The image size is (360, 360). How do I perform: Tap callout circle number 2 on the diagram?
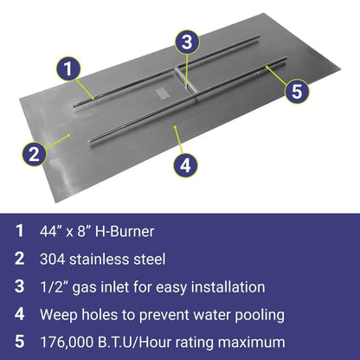(33, 154)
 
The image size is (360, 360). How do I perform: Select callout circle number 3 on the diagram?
(189, 42)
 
